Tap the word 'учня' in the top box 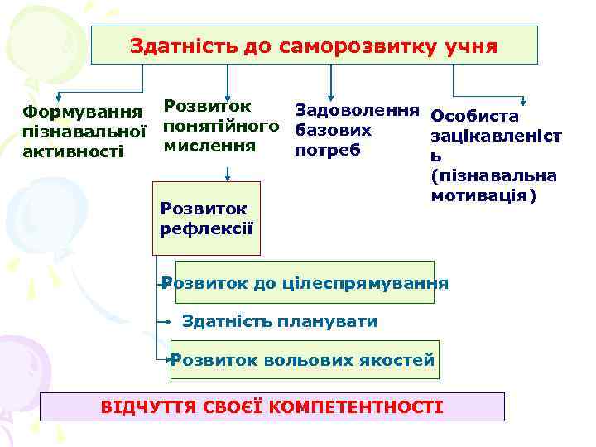point(470,46)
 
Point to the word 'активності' point(72,150)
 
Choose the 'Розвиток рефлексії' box point(208,219)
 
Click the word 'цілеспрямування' point(363,283)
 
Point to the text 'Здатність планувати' point(279,321)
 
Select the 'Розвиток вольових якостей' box point(304,360)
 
